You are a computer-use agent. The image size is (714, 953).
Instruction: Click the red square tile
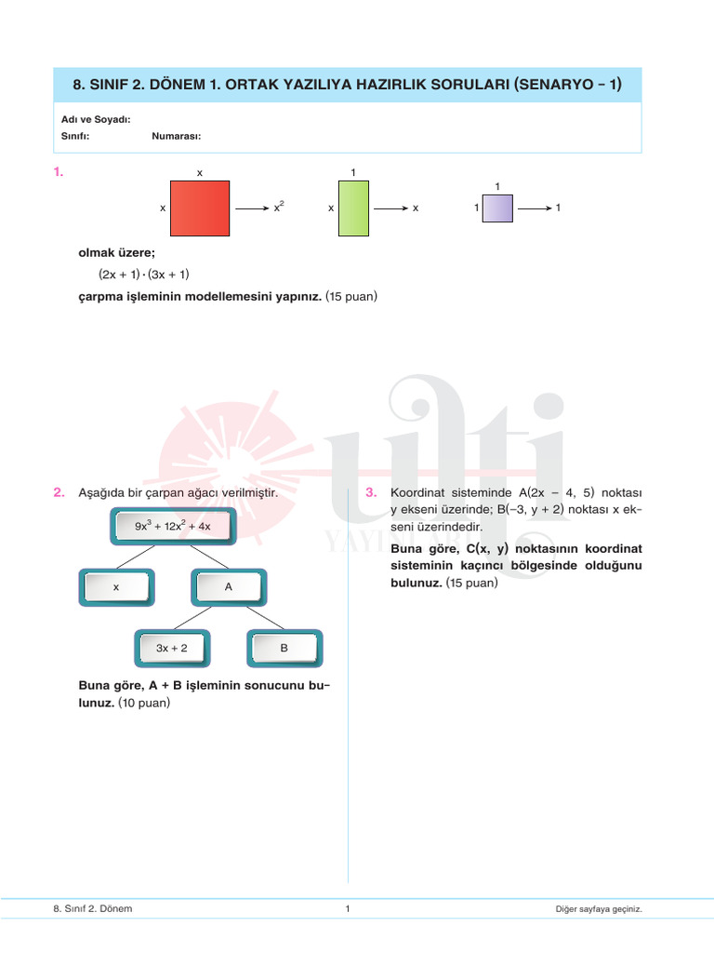[200, 209]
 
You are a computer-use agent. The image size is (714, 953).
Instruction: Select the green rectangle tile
[354, 209]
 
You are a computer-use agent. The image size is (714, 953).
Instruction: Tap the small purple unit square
[497, 208]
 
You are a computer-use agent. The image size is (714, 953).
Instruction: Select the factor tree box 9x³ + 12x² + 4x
[173, 526]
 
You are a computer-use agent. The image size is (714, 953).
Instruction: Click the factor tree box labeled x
[116, 587]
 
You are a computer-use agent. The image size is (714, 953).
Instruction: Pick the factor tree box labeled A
[228, 587]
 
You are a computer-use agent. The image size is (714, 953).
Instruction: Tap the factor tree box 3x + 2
[172, 648]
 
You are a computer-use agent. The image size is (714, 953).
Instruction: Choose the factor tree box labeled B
[284, 648]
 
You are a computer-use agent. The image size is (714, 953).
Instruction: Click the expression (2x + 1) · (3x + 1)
[144, 275]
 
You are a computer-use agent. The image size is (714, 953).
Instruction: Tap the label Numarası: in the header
[177, 136]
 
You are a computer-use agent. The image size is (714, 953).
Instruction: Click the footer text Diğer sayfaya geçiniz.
[599, 909]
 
